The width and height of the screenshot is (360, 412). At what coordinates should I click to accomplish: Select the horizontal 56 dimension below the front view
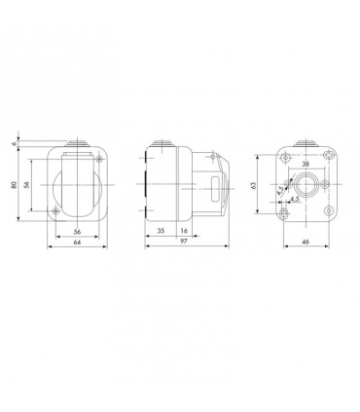coord(77,233)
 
